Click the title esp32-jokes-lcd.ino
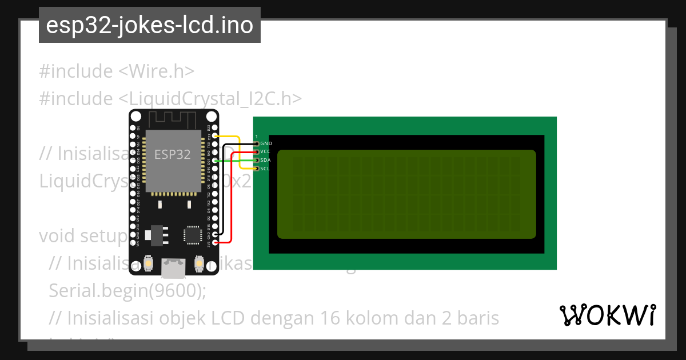click(x=149, y=25)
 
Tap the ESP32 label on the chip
click(x=172, y=154)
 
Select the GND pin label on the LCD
click(x=266, y=143)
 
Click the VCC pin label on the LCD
click(x=265, y=151)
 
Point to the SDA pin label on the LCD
click(x=265, y=160)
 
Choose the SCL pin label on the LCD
click(x=265, y=169)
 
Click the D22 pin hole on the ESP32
click(x=215, y=136)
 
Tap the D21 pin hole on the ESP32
click(x=215, y=161)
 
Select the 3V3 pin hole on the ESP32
click(x=215, y=242)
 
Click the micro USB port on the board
click(x=174, y=266)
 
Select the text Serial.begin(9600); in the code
click(x=127, y=290)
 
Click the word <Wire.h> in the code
click(x=157, y=71)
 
